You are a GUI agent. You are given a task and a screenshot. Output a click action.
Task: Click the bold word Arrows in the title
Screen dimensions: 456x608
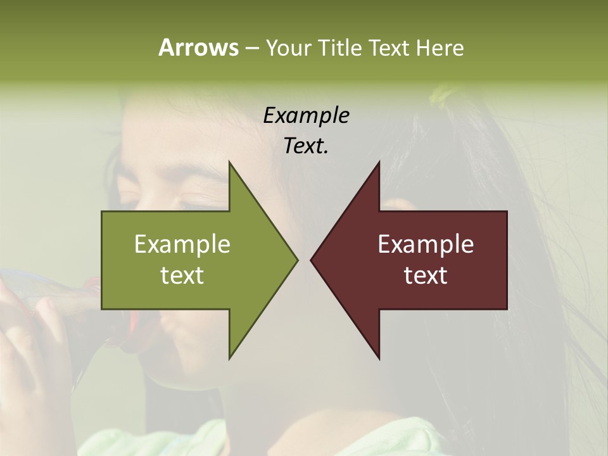pyautogui.click(x=198, y=47)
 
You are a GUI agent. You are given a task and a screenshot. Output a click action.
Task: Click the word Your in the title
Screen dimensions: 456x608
pyautogui.click(x=288, y=47)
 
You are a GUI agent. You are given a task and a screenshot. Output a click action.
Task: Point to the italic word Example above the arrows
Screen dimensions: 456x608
pyautogui.click(x=306, y=115)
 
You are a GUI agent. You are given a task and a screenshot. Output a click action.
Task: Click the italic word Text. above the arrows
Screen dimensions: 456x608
pyautogui.click(x=306, y=146)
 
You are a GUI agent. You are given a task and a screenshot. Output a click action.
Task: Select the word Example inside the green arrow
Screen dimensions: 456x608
pyautogui.click(x=182, y=244)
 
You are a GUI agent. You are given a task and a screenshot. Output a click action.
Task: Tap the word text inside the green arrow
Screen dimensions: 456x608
pyautogui.click(x=182, y=275)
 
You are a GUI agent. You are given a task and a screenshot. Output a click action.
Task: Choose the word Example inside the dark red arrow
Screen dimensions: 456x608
pyautogui.click(x=426, y=244)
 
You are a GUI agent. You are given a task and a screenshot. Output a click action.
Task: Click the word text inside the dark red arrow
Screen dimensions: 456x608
pyautogui.click(x=426, y=275)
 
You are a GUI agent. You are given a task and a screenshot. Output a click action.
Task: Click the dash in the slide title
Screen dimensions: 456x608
pyautogui.click(x=251, y=49)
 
